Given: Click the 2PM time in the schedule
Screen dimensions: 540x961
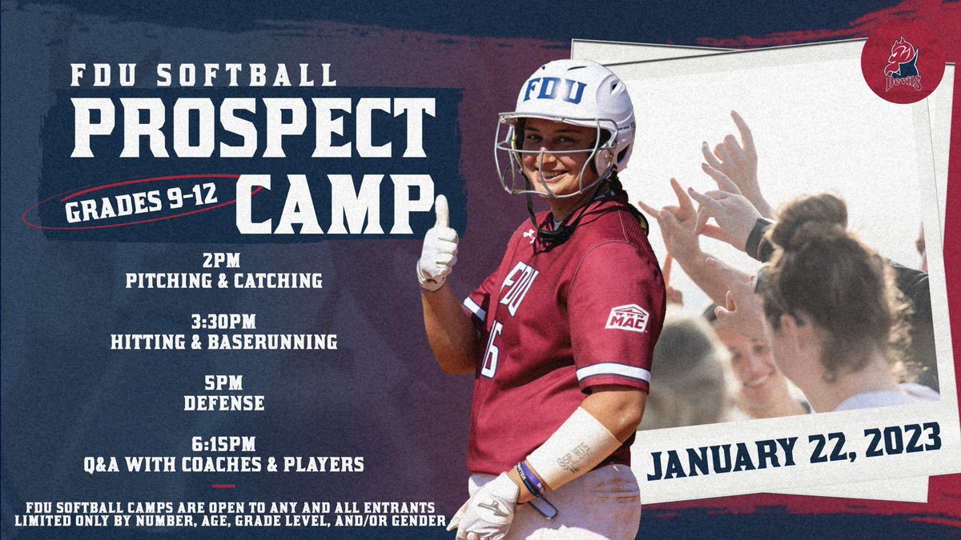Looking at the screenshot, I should tap(223, 260).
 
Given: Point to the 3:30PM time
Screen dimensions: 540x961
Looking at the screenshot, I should tap(223, 322).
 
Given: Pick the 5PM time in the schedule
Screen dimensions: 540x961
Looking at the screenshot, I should tap(223, 384).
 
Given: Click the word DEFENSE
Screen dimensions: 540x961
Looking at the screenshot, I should tap(223, 403).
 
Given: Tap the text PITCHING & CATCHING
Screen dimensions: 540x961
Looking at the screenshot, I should tap(223, 280).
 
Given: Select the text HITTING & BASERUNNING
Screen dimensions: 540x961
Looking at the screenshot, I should tap(223, 342).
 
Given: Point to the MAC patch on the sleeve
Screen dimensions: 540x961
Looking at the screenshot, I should tap(626, 318).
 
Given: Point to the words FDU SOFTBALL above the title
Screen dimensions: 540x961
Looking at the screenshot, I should tap(203, 75).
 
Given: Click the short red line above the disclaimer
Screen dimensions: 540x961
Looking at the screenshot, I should tap(223, 485).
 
